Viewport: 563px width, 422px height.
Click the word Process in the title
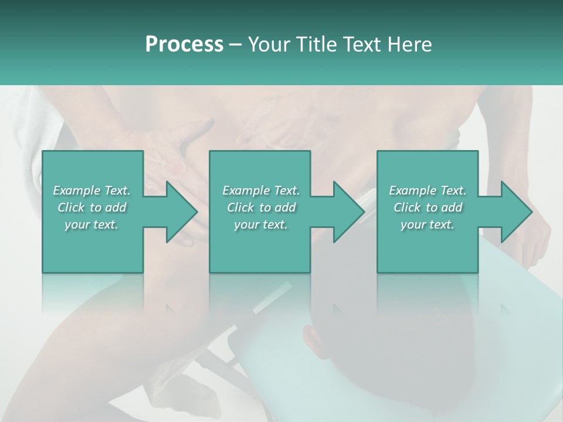[184, 45]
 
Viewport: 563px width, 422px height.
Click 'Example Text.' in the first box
[92, 190]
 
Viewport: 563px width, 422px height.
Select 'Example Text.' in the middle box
[261, 190]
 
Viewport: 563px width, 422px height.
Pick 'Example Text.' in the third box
[428, 190]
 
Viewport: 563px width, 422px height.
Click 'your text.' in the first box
[92, 224]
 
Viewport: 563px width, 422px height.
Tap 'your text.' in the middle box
[261, 224]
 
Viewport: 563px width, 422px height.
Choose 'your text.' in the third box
[428, 224]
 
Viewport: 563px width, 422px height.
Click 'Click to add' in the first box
[92, 207]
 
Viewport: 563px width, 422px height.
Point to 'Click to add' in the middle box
[261, 207]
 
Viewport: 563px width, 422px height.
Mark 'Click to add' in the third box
[428, 207]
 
